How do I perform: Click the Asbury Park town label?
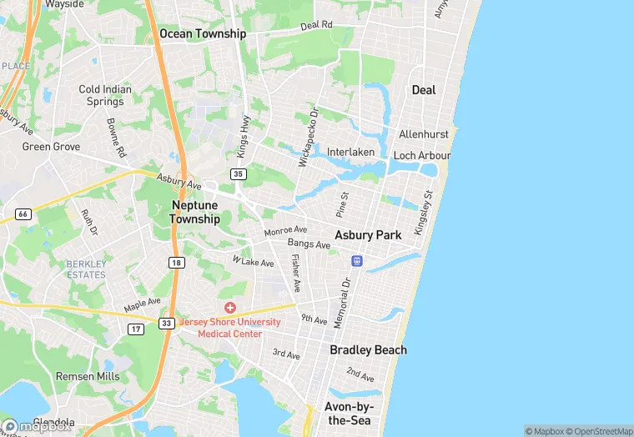[368, 235]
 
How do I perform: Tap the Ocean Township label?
[203, 34]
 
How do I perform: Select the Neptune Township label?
[195, 212]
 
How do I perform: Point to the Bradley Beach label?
[368, 349]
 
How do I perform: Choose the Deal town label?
[424, 90]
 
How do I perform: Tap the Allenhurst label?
[424, 134]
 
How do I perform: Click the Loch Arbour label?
[422, 156]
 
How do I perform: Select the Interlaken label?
[350, 152]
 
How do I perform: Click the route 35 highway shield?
[239, 174]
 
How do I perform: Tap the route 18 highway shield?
[176, 262]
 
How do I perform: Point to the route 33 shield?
[167, 323]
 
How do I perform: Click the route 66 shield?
[23, 214]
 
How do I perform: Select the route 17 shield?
[136, 329]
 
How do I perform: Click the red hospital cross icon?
[229, 308]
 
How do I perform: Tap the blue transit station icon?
[356, 261]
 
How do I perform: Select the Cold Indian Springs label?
[101, 95]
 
